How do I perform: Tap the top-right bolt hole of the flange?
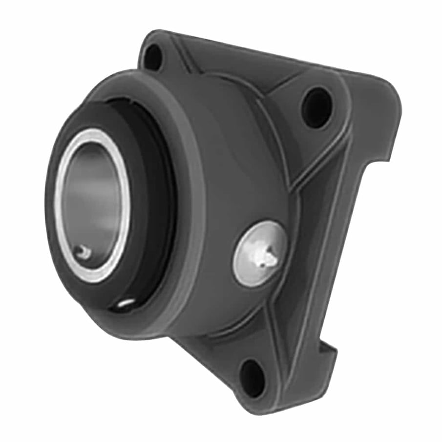pyautogui.click(x=316, y=107)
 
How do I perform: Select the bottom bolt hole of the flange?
pyautogui.click(x=252, y=378)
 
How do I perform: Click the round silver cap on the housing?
pyautogui.click(x=260, y=253)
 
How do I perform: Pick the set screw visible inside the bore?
pyautogui.click(x=84, y=252)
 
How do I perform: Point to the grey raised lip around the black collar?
pyautogui.click(x=188, y=205)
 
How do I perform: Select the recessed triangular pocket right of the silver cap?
pyautogui.click(x=317, y=234)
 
